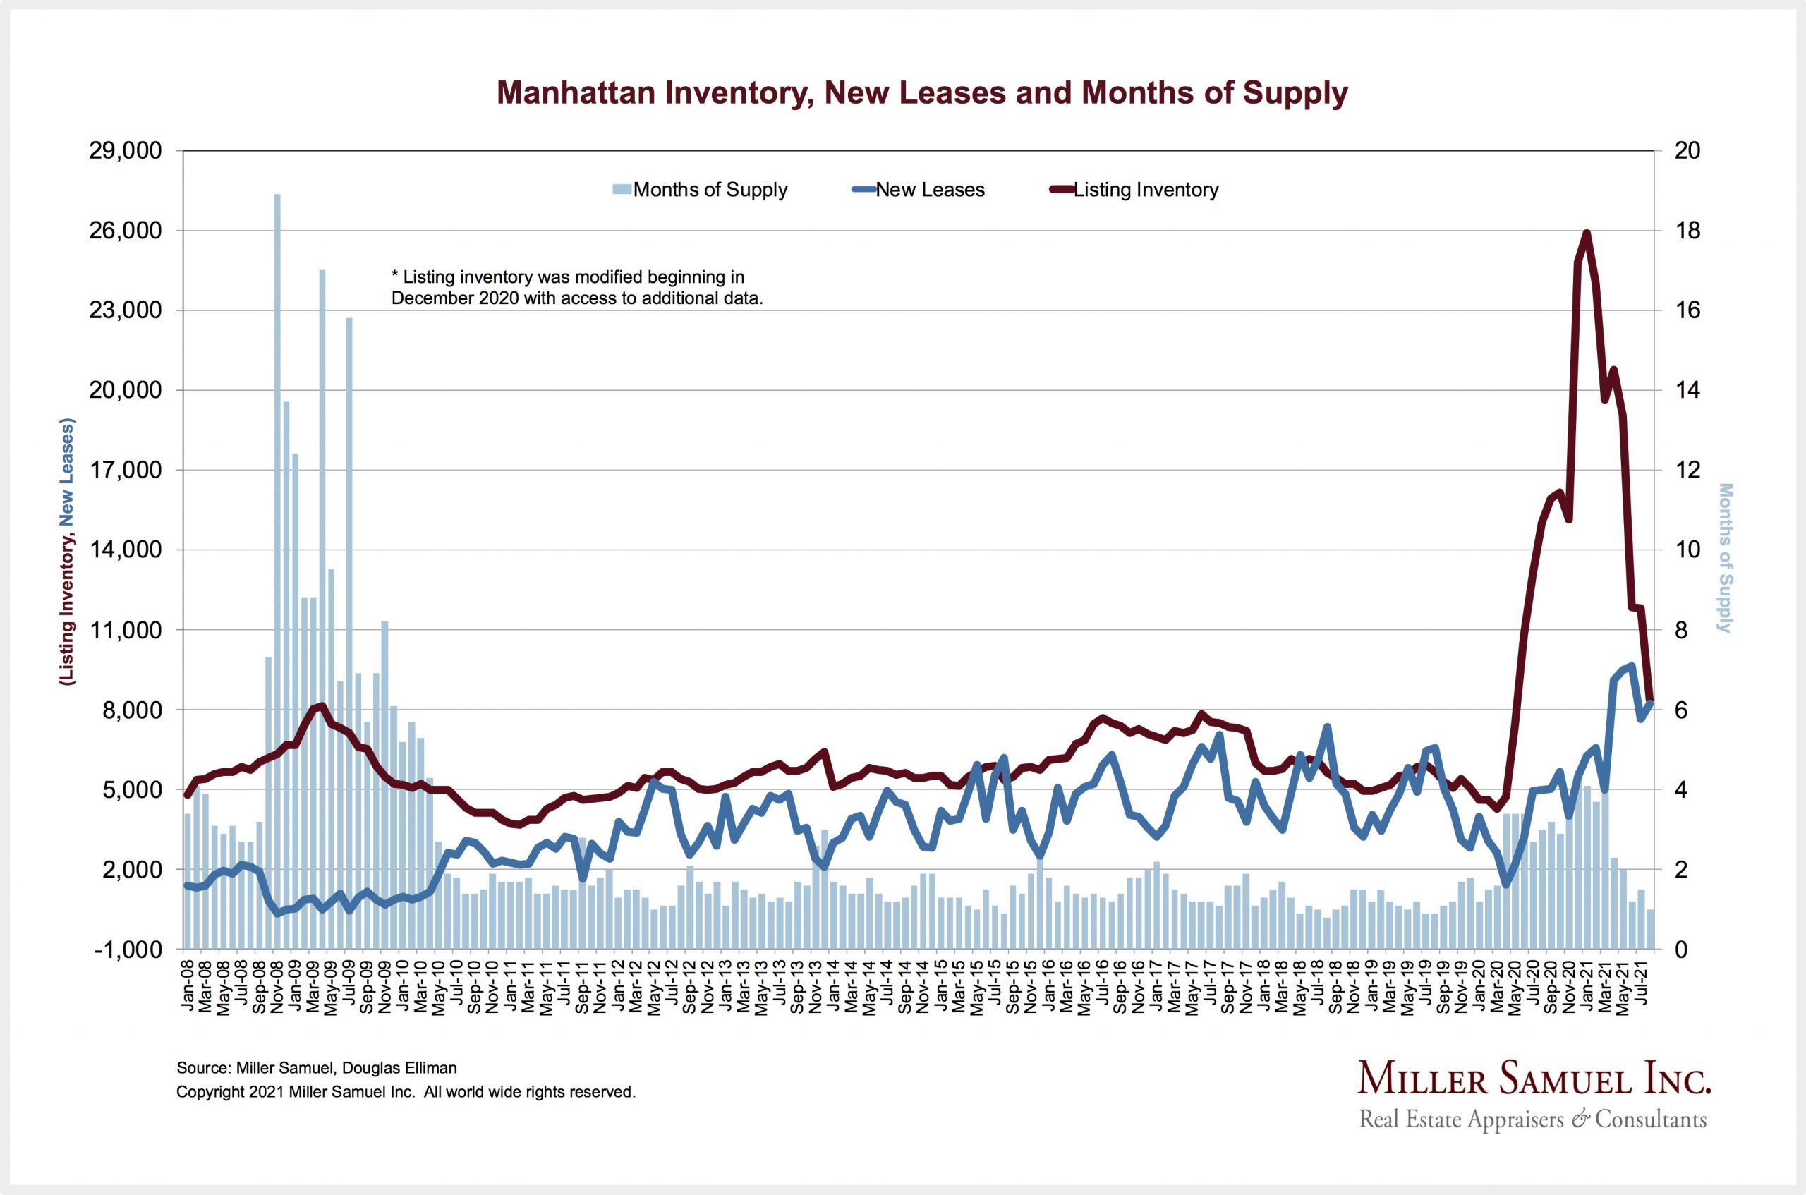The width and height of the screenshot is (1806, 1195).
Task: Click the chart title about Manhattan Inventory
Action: pyautogui.click(x=922, y=93)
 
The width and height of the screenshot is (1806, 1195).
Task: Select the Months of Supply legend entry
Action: pyautogui.click(x=709, y=190)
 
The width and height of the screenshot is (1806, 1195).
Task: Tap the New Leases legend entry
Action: pyautogui.click(x=929, y=190)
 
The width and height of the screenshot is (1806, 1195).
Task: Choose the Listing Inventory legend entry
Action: pyautogui.click(x=1144, y=190)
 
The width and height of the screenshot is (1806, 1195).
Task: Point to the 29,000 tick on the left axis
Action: pyautogui.click(x=126, y=151)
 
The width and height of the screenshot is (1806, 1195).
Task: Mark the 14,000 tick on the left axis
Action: pyautogui.click(x=126, y=550)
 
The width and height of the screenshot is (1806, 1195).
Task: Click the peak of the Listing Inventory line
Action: pyautogui.click(x=1587, y=233)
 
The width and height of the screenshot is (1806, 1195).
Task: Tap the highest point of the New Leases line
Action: pyautogui.click(x=1632, y=666)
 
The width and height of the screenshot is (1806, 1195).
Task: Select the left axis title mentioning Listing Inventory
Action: pyautogui.click(x=68, y=552)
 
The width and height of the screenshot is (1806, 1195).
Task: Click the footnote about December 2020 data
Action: pyautogui.click(x=577, y=287)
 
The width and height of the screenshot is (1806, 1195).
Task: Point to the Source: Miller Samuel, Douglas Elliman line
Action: pyautogui.click(x=316, y=1069)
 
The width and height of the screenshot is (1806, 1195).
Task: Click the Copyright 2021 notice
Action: pyautogui.click(x=406, y=1092)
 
